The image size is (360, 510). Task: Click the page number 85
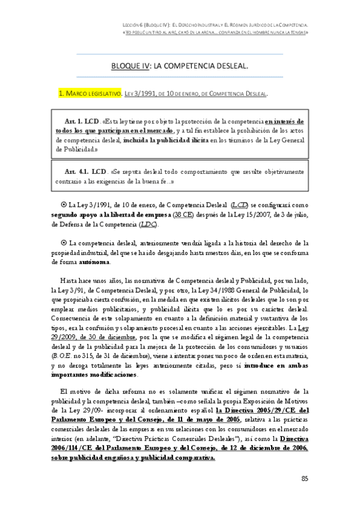tap(304, 478)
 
